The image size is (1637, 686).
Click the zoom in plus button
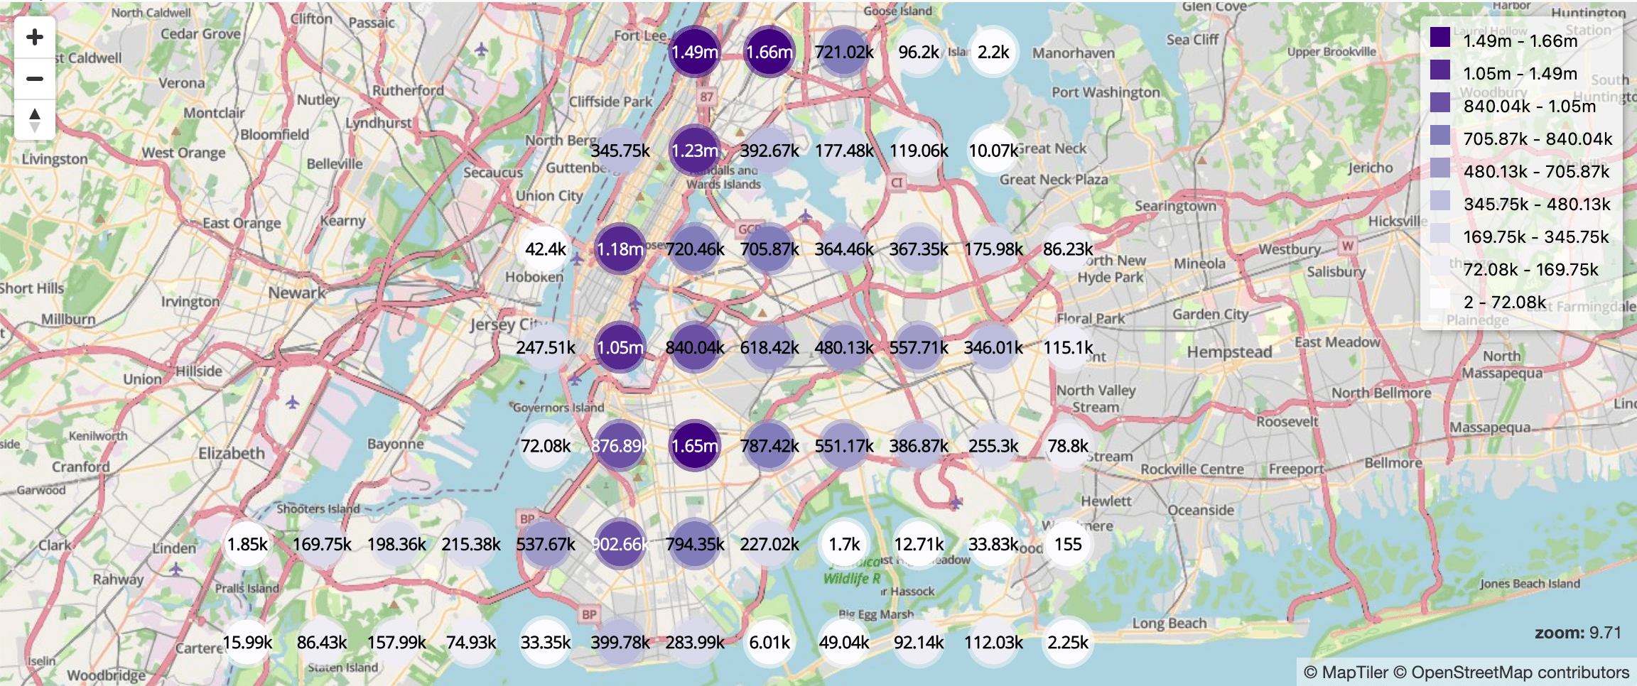click(35, 37)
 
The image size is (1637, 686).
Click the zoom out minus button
click(35, 78)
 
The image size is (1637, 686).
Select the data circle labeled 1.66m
click(769, 52)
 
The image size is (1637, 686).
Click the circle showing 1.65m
click(695, 446)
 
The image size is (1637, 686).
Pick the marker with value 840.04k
click(695, 347)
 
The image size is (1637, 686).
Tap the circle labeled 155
click(1068, 544)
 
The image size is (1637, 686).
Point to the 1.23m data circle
click(695, 151)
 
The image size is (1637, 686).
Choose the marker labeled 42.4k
click(546, 249)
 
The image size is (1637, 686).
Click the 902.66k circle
click(620, 544)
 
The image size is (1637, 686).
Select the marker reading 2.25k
click(1068, 642)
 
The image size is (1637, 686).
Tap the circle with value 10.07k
click(993, 151)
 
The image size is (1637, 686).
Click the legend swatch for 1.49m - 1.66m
click(1440, 38)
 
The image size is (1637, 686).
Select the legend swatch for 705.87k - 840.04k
click(1440, 136)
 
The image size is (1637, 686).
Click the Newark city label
click(297, 293)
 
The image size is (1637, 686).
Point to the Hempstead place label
click(1229, 352)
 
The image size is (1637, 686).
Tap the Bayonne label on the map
click(396, 444)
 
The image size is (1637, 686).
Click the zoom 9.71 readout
click(1577, 633)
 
